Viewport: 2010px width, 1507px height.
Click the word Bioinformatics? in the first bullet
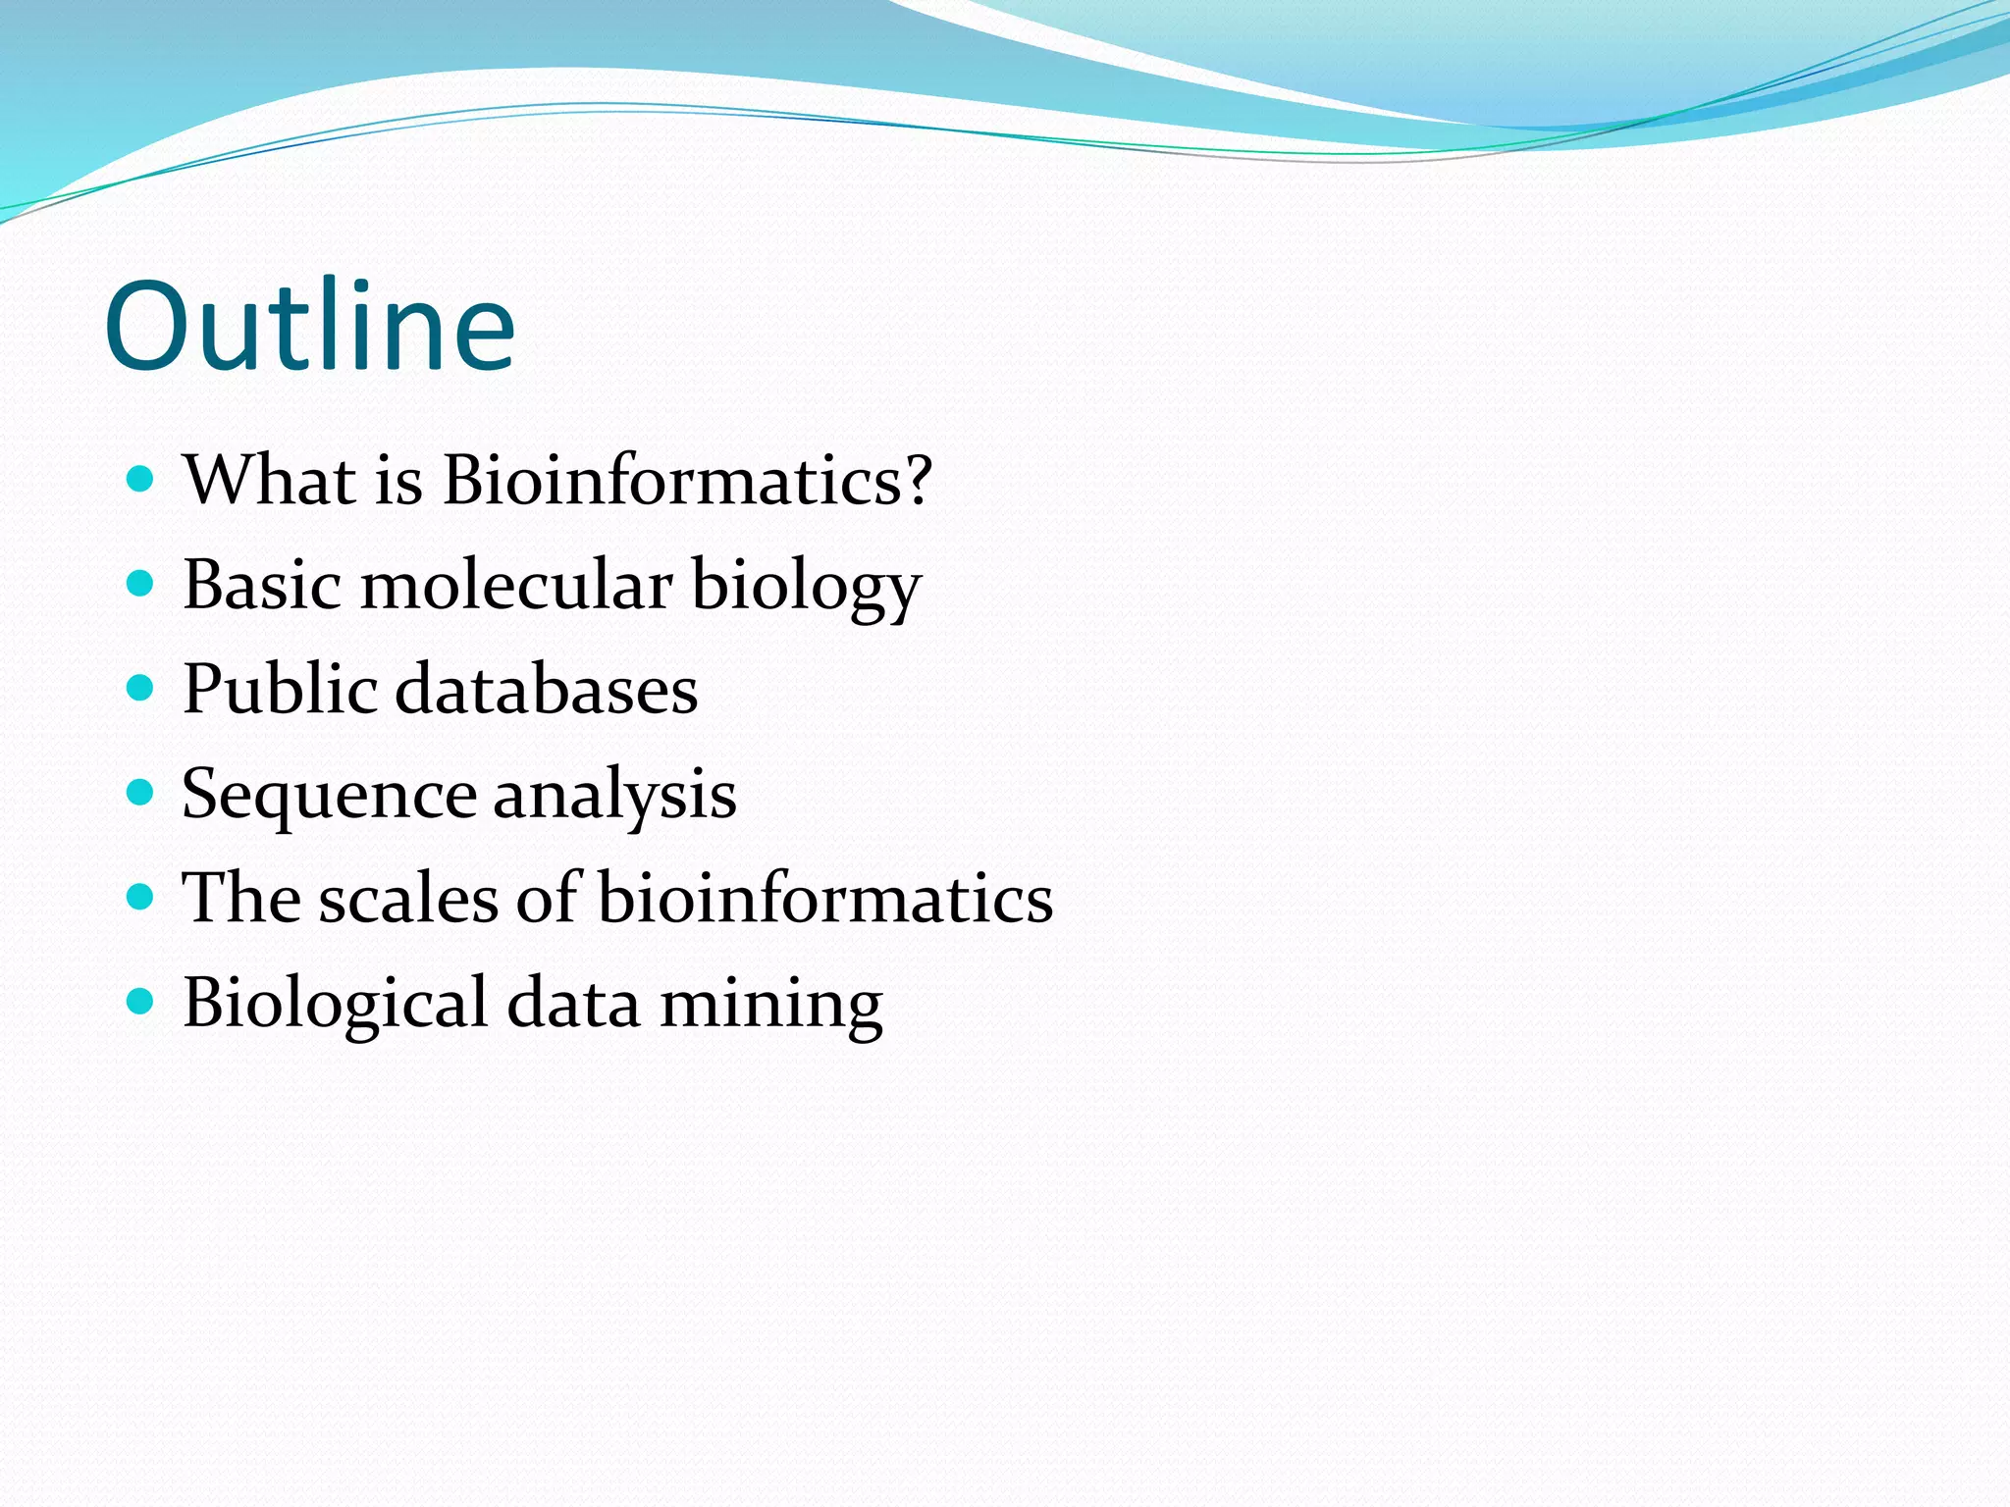point(686,481)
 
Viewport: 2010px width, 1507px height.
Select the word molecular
point(516,585)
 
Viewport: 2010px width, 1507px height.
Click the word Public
point(280,689)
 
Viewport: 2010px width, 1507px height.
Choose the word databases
point(547,689)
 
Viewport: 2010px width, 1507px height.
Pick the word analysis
point(614,795)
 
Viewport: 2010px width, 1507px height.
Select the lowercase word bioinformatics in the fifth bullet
point(825,899)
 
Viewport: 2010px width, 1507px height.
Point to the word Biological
point(335,1005)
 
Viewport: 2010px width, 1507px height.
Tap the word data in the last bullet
point(573,1005)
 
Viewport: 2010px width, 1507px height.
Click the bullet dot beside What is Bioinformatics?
point(141,480)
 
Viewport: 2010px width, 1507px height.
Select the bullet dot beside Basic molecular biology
point(141,585)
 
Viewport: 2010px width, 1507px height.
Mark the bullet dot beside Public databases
point(141,689)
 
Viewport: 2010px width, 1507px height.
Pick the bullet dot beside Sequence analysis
point(141,793)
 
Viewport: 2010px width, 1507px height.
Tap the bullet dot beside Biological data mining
point(141,1002)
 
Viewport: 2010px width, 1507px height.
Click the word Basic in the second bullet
point(262,585)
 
